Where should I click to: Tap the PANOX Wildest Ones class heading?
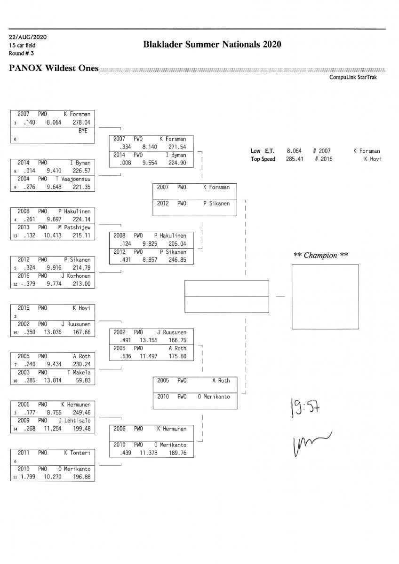[x=54, y=69]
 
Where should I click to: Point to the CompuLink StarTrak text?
[x=353, y=78]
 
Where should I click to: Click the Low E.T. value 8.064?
[x=294, y=151]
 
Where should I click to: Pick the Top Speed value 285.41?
[x=294, y=159]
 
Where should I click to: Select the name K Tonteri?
[x=77, y=453]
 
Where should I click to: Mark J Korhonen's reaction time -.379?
[x=24, y=284]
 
